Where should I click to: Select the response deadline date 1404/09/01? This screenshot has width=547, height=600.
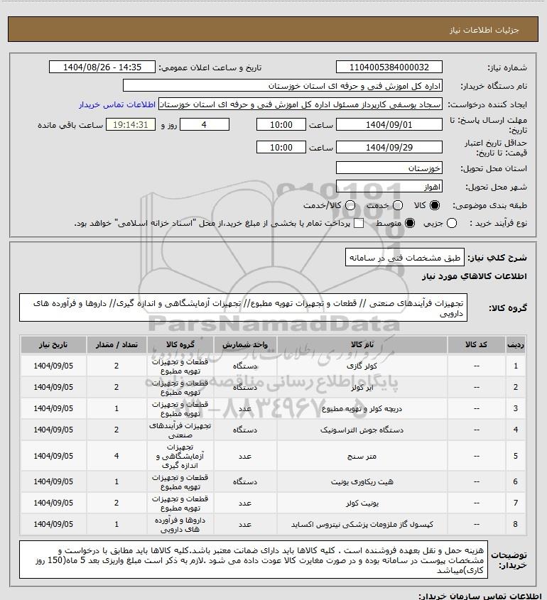tap(389, 124)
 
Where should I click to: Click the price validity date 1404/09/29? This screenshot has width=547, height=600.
tap(389, 148)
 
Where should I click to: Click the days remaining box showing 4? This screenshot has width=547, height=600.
tap(205, 124)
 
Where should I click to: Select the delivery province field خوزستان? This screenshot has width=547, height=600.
tap(389, 169)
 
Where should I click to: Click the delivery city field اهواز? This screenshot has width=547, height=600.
tap(389, 187)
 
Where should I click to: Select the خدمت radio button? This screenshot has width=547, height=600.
tap(397, 205)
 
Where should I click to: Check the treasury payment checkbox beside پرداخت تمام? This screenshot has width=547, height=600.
tap(358, 224)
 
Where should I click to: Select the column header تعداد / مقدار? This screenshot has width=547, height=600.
tap(117, 344)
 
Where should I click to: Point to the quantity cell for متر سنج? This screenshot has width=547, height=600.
tap(117, 457)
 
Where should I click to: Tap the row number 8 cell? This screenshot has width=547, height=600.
tap(515, 525)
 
